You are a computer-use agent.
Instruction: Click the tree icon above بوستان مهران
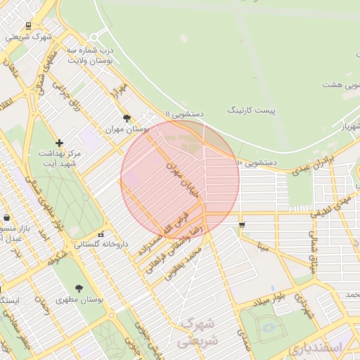pyautogui.click(x=127, y=118)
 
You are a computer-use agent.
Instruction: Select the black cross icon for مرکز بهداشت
pyautogui.click(x=59, y=143)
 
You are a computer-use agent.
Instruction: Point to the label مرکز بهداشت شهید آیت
pyautogui.click(x=59, y=157)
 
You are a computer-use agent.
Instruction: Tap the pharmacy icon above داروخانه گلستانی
pyautogui.click(x=101, y=234)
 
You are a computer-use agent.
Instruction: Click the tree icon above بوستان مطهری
pyautogui.click(x=78, y=288)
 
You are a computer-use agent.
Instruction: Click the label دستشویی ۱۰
pyautogui.click(x=257, y=162)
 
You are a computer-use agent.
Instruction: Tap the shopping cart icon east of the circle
pyautogui.click(x=242, y=225)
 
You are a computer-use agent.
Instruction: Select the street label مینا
pyautogui.click(x=263, y=247)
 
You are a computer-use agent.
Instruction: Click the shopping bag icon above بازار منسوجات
pyautogui.click(x=6, y=218)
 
